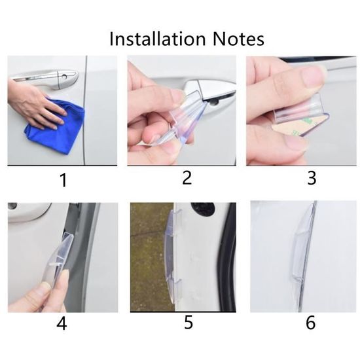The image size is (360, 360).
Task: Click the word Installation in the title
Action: pyautogui.click(x=158, y=39)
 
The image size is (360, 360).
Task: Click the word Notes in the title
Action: pyautogui.click(x=238, y=39)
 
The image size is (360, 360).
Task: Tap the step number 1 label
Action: pyautogui.click(x=63, y=180)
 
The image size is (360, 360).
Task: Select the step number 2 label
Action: pyautogui.click(x=187, y=177)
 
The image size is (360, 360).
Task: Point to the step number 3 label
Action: pyautogui.click(x=312, y=177)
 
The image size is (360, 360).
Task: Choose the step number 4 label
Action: pyautogui.click(x=62, y=323)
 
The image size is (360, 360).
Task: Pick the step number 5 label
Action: pyautogui.click(x=189, y=322)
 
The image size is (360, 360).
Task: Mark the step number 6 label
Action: pyautogui.click(x=311, y=323)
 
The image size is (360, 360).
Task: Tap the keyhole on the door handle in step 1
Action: pyautogui.click(x=65, y=77)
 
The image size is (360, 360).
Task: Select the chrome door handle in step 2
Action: pyautogui.click(x=212, y=92)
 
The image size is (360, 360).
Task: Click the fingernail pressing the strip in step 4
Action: pyautogui.click(x=46, y=287)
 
